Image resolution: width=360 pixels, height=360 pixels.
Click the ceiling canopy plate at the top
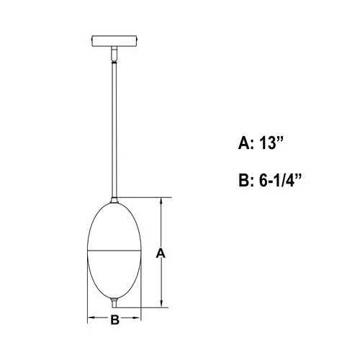coord(114,40)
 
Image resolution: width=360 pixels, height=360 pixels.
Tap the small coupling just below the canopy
coord(114,53)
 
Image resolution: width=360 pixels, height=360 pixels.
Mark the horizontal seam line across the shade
coord(114,249)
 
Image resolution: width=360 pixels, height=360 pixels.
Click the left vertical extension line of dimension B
coord(87,306)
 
